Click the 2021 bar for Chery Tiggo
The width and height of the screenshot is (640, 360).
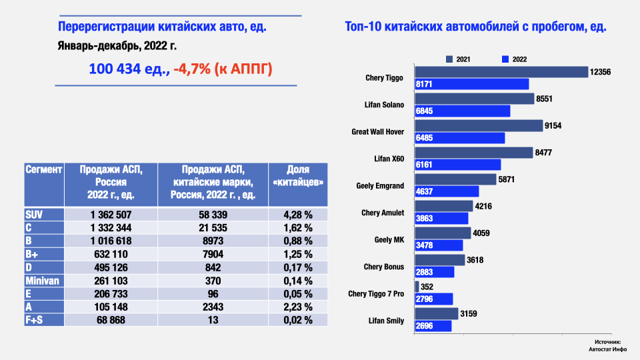coord(501,72)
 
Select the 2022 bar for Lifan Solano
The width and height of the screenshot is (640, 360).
coord(462,111)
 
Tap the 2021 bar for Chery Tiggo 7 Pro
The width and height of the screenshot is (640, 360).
coord(417,287)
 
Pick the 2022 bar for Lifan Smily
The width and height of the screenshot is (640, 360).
coord(433,326)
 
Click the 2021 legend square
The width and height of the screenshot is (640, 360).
coord(450,59)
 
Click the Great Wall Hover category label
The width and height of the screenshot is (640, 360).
coord(377,131)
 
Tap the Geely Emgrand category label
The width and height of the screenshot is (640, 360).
coord(380,185)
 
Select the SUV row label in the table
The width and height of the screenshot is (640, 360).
coord(34,215)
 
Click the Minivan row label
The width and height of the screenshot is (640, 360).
coord(41,281)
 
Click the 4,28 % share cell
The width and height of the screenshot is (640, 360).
coord(297,215)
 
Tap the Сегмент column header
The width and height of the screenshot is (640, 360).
coord(44,170)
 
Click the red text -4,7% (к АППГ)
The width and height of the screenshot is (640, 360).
coord(223,69)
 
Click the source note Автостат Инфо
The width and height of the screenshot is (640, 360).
coord(604,347)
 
